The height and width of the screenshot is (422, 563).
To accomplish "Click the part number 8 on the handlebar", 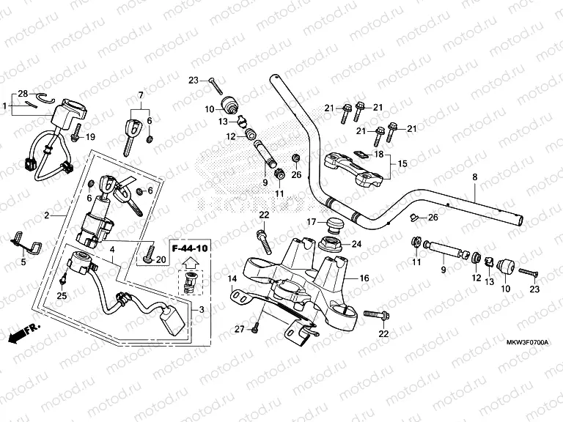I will point(474,177).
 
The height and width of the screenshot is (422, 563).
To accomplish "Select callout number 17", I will point(310,221).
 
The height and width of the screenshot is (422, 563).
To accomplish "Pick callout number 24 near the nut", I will point(357,244).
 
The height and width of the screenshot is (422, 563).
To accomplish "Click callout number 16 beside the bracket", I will point(364,278).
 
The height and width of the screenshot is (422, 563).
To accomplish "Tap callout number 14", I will point(231,279).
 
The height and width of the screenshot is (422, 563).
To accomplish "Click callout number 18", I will point(378,155).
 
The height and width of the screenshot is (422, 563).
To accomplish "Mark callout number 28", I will point(22,94).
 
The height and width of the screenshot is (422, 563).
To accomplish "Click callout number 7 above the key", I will point(141,95).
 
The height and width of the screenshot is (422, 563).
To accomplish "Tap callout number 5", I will point(23,261).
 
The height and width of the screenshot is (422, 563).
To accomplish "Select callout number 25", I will point(62,295).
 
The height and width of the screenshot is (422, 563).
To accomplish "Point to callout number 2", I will point(47,215).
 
